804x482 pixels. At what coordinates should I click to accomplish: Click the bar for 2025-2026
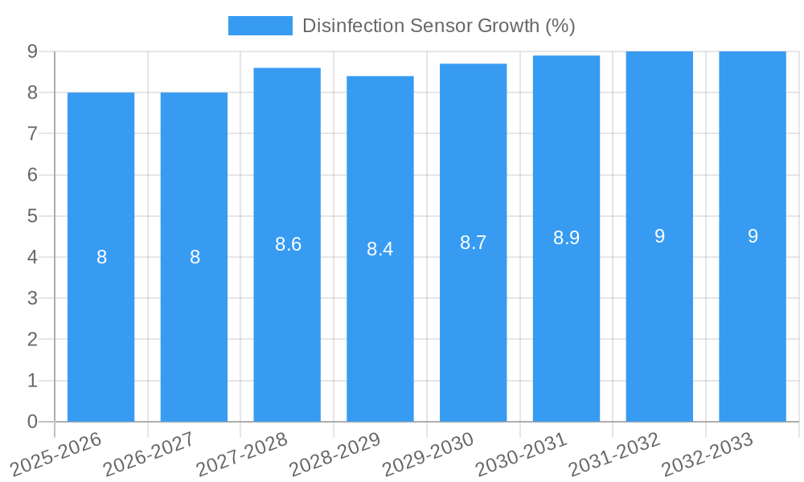coord(100,257)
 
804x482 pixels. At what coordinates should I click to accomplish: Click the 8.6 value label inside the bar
coord(288,244)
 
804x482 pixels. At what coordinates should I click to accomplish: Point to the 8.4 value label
coord(379,249)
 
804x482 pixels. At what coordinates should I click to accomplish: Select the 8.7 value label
coord(473,243)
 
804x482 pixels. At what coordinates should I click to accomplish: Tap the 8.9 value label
coord(566,238)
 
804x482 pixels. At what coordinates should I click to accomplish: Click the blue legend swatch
coord(260,26)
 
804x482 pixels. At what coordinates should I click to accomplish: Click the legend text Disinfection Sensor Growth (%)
coord(438,26)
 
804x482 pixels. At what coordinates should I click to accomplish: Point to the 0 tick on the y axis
coord(32,422)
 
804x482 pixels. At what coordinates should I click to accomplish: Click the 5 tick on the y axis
coord(32,216)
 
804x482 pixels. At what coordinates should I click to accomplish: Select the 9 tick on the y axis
coord(32,51)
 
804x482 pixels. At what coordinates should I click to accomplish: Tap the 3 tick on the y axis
coord(32,298)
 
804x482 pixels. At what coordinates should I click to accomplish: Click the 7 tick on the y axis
coord(32,133)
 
